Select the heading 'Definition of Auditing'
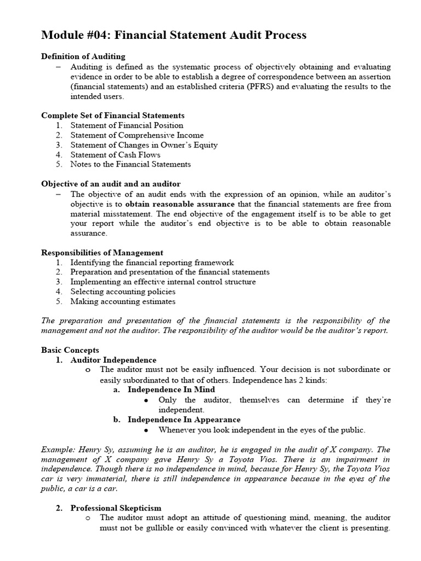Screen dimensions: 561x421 [x=83, y=56]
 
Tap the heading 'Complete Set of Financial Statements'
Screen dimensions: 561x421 [x=113, y=116]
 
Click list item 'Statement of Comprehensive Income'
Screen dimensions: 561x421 [x=136, y=135]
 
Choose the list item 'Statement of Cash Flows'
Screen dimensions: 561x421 [x=115, y=154]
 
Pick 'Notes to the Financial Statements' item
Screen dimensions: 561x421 [x=130, y=164]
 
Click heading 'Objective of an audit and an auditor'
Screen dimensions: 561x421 [x=111, y=184]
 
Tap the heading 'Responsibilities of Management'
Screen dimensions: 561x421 [x=102, y=253]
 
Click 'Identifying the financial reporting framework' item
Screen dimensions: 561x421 [x=152, y=262]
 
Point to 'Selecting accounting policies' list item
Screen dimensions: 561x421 [x=123, y=291]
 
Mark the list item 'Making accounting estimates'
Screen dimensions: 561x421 [x=123, y=301]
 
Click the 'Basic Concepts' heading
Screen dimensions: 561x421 [x=70, y=350]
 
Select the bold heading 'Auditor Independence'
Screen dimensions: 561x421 [x=113, y=360]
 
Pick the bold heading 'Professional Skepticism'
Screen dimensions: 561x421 [x=116, y=508]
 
